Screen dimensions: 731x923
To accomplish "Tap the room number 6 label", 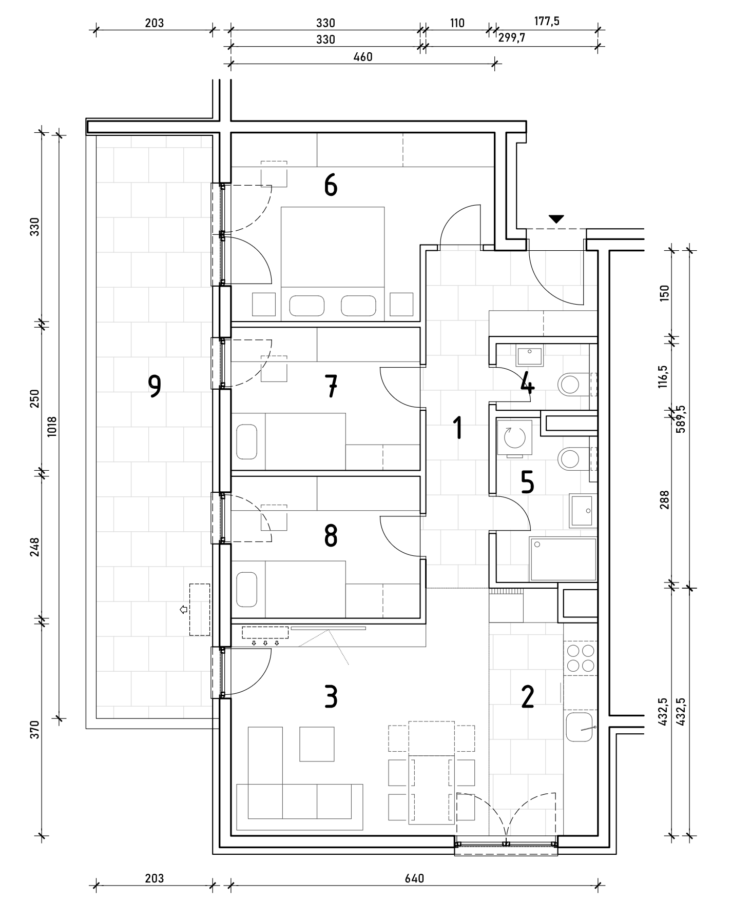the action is point(331,185).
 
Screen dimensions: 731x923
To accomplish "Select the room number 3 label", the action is point(331,697).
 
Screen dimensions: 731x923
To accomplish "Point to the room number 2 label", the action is point(528,697).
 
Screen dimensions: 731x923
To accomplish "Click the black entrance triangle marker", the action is point(556,219).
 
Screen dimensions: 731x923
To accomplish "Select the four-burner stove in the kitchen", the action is point(581,658).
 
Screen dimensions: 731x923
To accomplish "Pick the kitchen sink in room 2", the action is point(581,726).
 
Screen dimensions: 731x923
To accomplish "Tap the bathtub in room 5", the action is point(563,559).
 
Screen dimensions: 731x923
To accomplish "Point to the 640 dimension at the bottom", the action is point(415,878).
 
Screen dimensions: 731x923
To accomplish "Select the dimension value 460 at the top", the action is point(363,57).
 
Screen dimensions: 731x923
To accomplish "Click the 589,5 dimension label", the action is point(681,418).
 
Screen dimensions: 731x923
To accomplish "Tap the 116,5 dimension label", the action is point(664,376).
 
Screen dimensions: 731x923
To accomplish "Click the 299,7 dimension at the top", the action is point(512,38).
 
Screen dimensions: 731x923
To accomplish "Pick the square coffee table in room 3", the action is point(317,744).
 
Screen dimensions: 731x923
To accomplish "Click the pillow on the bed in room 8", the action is point(247,589).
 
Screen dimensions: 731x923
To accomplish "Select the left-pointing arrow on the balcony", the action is point(183,610).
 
